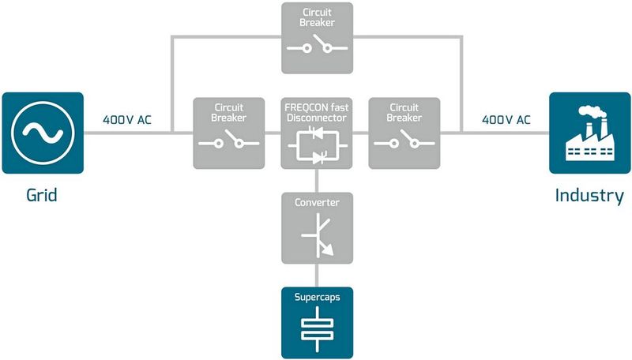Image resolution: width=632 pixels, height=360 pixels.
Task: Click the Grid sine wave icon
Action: pos(42,132)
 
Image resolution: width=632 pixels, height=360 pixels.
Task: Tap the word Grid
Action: pos(41,195)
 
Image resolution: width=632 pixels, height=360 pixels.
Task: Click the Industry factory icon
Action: pos(589,133)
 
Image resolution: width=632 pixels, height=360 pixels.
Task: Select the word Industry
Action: pos(589,196)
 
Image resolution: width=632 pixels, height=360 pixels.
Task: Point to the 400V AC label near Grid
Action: pos(127,121)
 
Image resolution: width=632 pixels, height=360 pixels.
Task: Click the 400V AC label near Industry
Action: pos(506,121)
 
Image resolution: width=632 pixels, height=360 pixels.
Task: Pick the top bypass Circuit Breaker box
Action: pos(317,38)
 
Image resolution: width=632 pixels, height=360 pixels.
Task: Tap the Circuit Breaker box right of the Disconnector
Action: pos(404,133)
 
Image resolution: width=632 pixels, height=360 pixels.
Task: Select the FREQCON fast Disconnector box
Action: pos(317,133)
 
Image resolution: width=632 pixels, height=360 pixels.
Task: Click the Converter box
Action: pos(317,227)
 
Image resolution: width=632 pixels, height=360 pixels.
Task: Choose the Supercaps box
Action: pos(317,322)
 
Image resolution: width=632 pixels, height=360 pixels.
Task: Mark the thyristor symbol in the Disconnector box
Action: pos(317,147)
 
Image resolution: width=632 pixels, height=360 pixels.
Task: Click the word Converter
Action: pos(317,203)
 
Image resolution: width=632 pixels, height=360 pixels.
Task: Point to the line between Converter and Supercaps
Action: pos(317,275)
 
